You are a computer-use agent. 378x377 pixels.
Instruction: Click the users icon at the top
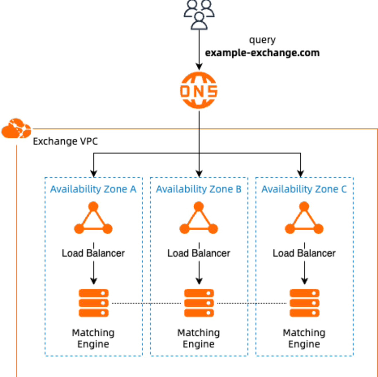tap(199, 15)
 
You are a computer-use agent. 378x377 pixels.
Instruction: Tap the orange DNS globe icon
tap(199, 90)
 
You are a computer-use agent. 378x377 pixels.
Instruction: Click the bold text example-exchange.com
tap(262, 53)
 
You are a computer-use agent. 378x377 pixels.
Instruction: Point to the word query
tap(262, 40)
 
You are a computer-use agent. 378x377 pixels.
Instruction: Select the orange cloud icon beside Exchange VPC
tap(16, 128)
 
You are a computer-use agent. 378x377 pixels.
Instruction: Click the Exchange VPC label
tap(65, 141)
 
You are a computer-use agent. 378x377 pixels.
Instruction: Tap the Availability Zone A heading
tap(93, 189)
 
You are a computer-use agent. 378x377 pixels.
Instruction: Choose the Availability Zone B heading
tap(199, 189)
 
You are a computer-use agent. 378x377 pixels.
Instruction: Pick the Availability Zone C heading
tap(304, 189)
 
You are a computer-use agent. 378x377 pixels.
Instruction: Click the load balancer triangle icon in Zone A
tap(93, 218)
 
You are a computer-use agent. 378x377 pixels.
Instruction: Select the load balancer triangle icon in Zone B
tap(199, 218)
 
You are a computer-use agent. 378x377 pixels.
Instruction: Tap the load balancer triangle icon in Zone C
tap(304, 218)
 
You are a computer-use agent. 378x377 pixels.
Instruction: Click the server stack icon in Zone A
tap(93, 303)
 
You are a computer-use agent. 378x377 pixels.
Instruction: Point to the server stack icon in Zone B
tap(199, 303)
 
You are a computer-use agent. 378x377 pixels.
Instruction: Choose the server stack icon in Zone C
tap(305, 303)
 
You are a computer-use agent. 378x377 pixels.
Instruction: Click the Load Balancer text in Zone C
tap(304, 253)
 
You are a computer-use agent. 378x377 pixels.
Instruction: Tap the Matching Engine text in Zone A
tap(93, 338)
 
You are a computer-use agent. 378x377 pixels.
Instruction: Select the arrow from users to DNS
tap(199, 50)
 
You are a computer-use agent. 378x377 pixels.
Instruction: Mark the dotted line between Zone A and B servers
tap(146, 303)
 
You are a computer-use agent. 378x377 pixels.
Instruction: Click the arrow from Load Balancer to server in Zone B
tap(199, 273)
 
